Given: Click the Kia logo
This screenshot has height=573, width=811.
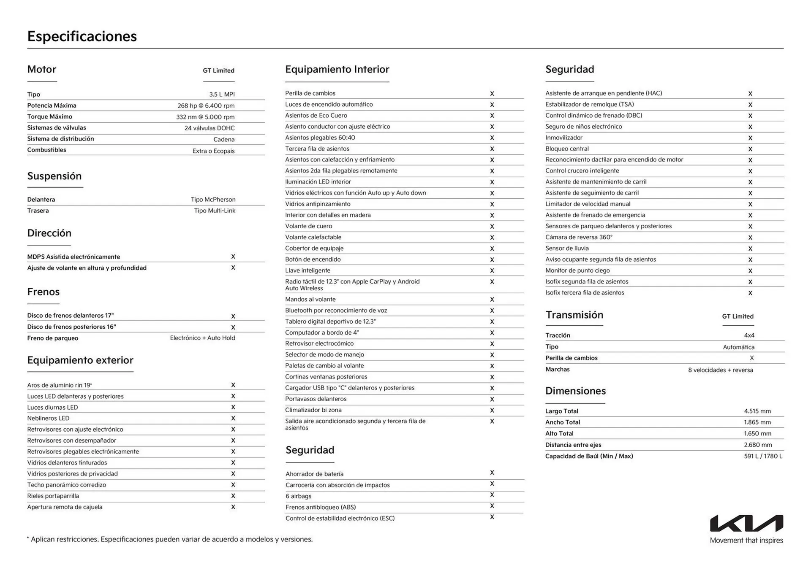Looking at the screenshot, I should [x=746, y=523].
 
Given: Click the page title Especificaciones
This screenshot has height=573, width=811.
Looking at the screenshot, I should [x=82, y=36].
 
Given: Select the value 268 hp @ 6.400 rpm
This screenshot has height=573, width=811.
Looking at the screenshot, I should [x=206, y=106].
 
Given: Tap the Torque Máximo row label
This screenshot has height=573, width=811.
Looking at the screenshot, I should [x=49, y=116].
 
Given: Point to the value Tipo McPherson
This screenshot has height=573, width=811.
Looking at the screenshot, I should [x=213, y=200].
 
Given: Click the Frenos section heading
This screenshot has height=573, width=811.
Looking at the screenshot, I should [x=43, y=292].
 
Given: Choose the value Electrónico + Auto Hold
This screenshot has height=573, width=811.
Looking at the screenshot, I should [x=202, y=338].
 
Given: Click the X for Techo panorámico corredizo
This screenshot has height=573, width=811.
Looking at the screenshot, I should [x=233, y=485].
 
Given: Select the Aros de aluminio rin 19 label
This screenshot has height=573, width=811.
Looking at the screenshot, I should [x=59, y=385].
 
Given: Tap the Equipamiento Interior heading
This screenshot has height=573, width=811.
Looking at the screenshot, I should [x=337, y=70].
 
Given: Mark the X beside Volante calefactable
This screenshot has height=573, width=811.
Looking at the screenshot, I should [x=492, y=238].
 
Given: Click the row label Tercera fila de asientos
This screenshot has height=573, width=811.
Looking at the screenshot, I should [x=317, y=149].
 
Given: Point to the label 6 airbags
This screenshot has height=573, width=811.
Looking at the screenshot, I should [x=298, y=496].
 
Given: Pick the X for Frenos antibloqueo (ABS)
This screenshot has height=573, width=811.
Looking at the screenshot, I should [x=492, y=506].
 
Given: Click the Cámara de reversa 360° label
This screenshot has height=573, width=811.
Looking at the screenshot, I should [x=578, y=237].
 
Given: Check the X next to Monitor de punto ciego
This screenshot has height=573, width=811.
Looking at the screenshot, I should [x=750, y=271].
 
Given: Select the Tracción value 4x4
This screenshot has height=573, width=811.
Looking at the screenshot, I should [x=749, y=335].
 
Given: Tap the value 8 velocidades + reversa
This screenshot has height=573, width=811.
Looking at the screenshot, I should [x=720, y=370].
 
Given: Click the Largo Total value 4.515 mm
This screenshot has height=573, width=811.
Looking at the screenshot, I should [x=757, y=411].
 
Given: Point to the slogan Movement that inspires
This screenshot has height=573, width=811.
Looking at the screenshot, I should [x=746, y=541].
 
